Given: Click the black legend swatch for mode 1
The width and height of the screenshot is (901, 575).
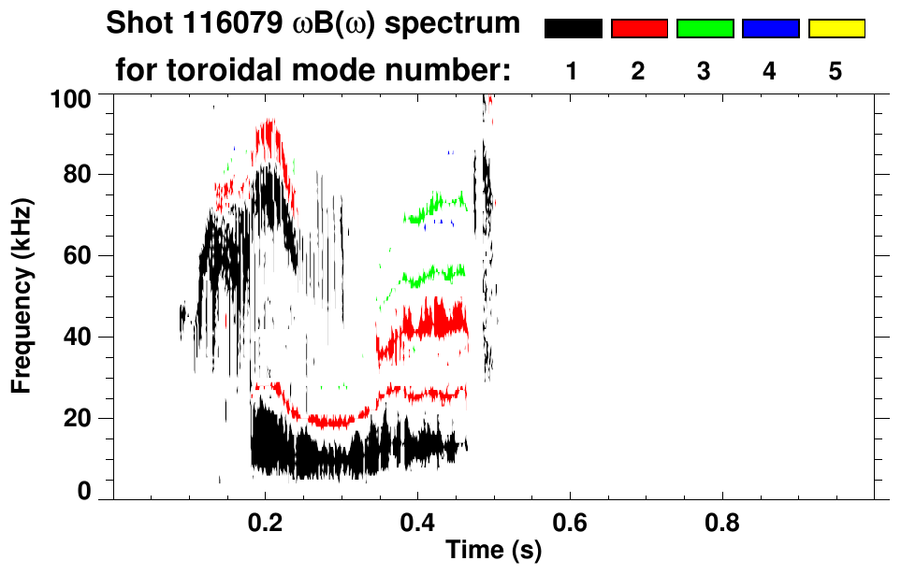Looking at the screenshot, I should click(573, 29).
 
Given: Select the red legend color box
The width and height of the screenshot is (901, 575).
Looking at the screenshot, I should click(639, 29).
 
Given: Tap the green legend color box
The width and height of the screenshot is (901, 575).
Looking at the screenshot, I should click(705, 29).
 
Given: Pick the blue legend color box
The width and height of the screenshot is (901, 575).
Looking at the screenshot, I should click(770, 29).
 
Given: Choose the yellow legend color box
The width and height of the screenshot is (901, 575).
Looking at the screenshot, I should click(836, 29).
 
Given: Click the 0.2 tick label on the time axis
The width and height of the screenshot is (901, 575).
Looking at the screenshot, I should click(265, 520).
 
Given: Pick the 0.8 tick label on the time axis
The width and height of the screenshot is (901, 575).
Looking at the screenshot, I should click(722, 520).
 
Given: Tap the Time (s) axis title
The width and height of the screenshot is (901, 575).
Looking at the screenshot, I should click(492, 552).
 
